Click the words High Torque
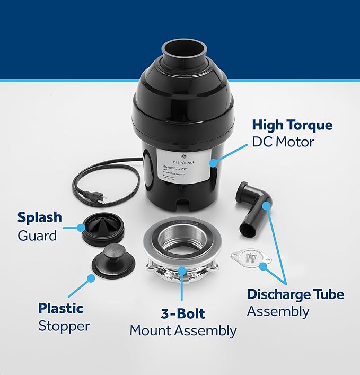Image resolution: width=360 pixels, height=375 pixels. coord(292,125)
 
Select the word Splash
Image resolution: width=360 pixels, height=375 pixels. coord(39,217)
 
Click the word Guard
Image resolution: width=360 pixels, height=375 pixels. coord(37,235)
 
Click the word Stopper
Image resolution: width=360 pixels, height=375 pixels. coord(64,326)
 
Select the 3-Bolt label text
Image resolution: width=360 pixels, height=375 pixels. coord(182,313)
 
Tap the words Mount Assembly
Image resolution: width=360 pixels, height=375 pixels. coord(183,331)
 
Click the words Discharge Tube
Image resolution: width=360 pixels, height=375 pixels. coord(295,294)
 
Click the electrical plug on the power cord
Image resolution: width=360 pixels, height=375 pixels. coord(98,197)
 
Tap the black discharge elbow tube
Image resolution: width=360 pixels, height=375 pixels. coord(254,209)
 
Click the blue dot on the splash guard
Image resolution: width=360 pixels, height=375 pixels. coord(81,228)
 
